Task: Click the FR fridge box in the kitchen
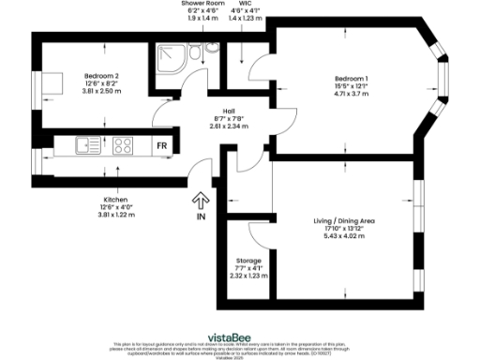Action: tap(161, 146)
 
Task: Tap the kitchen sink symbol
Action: tap(90, 146)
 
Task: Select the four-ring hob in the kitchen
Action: tap(124, 146)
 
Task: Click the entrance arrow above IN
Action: tap(200, 200)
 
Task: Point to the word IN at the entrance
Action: tap(200, 217)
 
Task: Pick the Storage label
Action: tap(247, 260)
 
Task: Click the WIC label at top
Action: tap(243, 4)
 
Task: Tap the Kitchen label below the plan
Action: tap(117, 200)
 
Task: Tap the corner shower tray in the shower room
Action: tap(171, 58)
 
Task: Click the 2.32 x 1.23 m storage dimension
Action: tap(247, 276)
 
